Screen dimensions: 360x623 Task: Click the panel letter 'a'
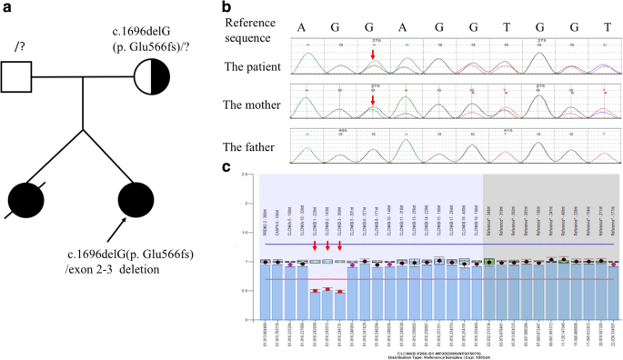(x=6, y=8)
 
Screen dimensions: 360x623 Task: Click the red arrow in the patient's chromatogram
(x=373, y=58)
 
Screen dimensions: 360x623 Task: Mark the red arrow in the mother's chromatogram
(x=373, y=99)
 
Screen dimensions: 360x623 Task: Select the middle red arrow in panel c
(x=327, y=245)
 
